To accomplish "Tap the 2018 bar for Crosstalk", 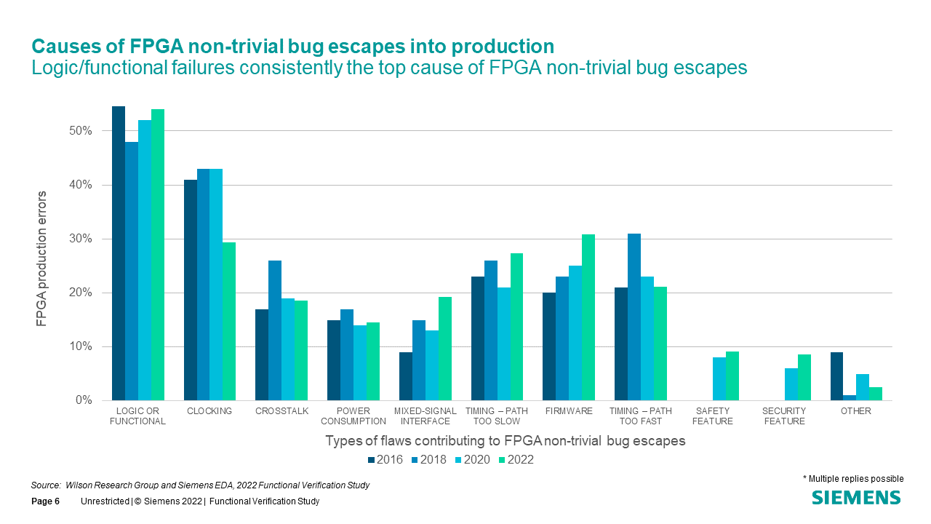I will [275, 330].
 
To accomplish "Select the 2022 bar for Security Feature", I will [804, 377].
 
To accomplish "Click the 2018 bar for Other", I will [850, 397].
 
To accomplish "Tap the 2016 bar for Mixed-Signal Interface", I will [406, 376].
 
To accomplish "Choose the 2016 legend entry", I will [386, 459].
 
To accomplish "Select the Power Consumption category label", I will [353, 416].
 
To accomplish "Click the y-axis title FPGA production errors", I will [43, 258].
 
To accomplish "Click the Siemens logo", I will [856, 498].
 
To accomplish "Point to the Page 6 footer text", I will [45, 501].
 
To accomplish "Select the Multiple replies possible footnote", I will [853, 479].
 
